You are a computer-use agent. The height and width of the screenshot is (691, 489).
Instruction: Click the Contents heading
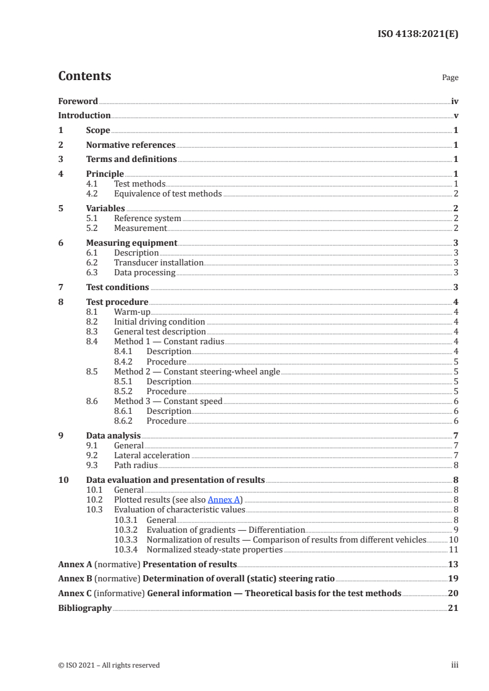click(84, 76)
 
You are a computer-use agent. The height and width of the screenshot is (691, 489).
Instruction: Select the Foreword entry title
click(78, 101)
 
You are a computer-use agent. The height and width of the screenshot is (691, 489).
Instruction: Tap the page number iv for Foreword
click(454, 101)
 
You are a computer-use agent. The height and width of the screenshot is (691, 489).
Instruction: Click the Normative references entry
click(131, 145)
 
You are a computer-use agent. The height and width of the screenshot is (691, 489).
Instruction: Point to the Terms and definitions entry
click(131, 160)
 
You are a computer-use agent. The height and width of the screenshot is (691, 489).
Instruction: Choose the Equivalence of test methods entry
click(168, 193)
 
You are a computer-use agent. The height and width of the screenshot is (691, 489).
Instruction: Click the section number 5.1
click(93, 218)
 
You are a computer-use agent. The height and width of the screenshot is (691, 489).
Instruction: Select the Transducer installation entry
click(158, 262)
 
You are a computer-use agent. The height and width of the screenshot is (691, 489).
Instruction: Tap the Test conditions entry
click(117, 287)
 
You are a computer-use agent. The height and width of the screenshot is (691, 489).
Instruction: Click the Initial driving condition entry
click(159, 321)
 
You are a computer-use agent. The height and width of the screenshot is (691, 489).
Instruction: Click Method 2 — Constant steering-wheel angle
click(197, 371)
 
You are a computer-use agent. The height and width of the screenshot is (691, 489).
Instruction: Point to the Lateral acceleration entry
click(152, 455)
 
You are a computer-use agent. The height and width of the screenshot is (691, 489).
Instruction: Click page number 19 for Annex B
click(453, 580)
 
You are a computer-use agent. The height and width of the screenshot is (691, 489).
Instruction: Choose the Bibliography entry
click(84, 608)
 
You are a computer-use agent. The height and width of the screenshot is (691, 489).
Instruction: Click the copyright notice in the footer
click(109, 665)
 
